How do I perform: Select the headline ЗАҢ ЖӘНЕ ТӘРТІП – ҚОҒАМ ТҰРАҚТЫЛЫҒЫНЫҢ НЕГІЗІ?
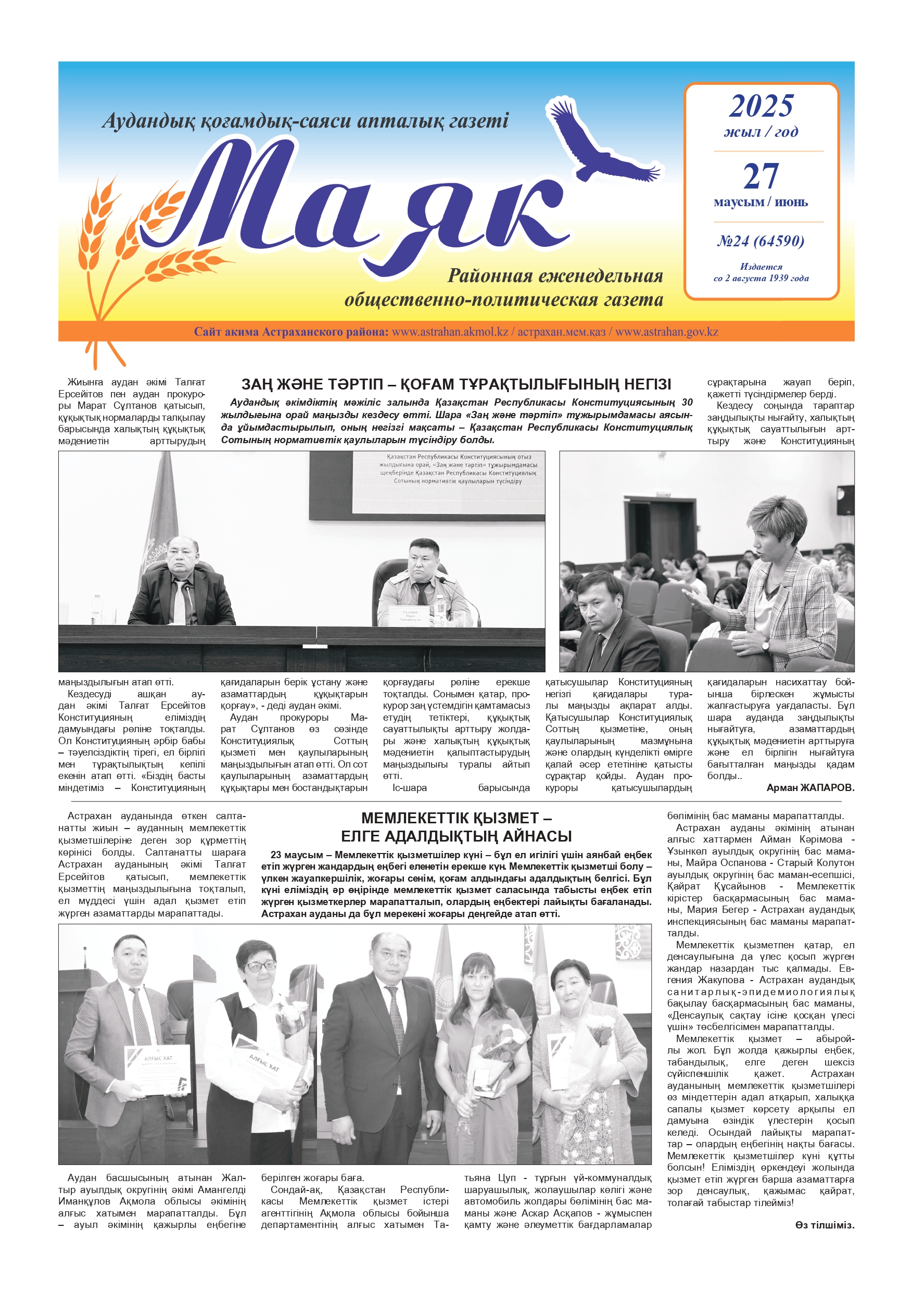pyautogui.click(x=455, y=384)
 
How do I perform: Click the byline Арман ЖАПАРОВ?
pyautogui.click(x=809, y=788)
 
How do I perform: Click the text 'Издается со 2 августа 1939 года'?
pyautogui.click(x=760, y=272)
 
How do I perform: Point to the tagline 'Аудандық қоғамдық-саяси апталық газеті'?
pyautogui.click(x=305, y=120)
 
